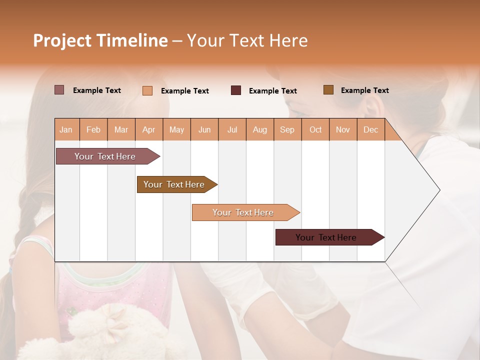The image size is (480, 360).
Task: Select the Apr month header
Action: (149, 129)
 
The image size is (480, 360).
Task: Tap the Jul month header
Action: (232, 129)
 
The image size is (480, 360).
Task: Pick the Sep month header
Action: (287, 129)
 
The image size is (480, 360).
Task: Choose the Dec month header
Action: (371, 129)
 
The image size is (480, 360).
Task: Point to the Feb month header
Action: (93, 129)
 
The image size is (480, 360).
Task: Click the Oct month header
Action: (315, 129)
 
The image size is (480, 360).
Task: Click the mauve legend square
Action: (59, 90)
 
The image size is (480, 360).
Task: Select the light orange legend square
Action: (147, 90)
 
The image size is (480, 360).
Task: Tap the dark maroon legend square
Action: (236, 90)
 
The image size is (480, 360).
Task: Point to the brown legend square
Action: (328, 90)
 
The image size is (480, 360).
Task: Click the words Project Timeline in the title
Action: (100, 40)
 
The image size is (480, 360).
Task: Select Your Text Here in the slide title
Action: (247, 40)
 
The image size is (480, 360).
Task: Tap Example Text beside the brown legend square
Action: (364, 90)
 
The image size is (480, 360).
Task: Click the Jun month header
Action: (204, 129)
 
